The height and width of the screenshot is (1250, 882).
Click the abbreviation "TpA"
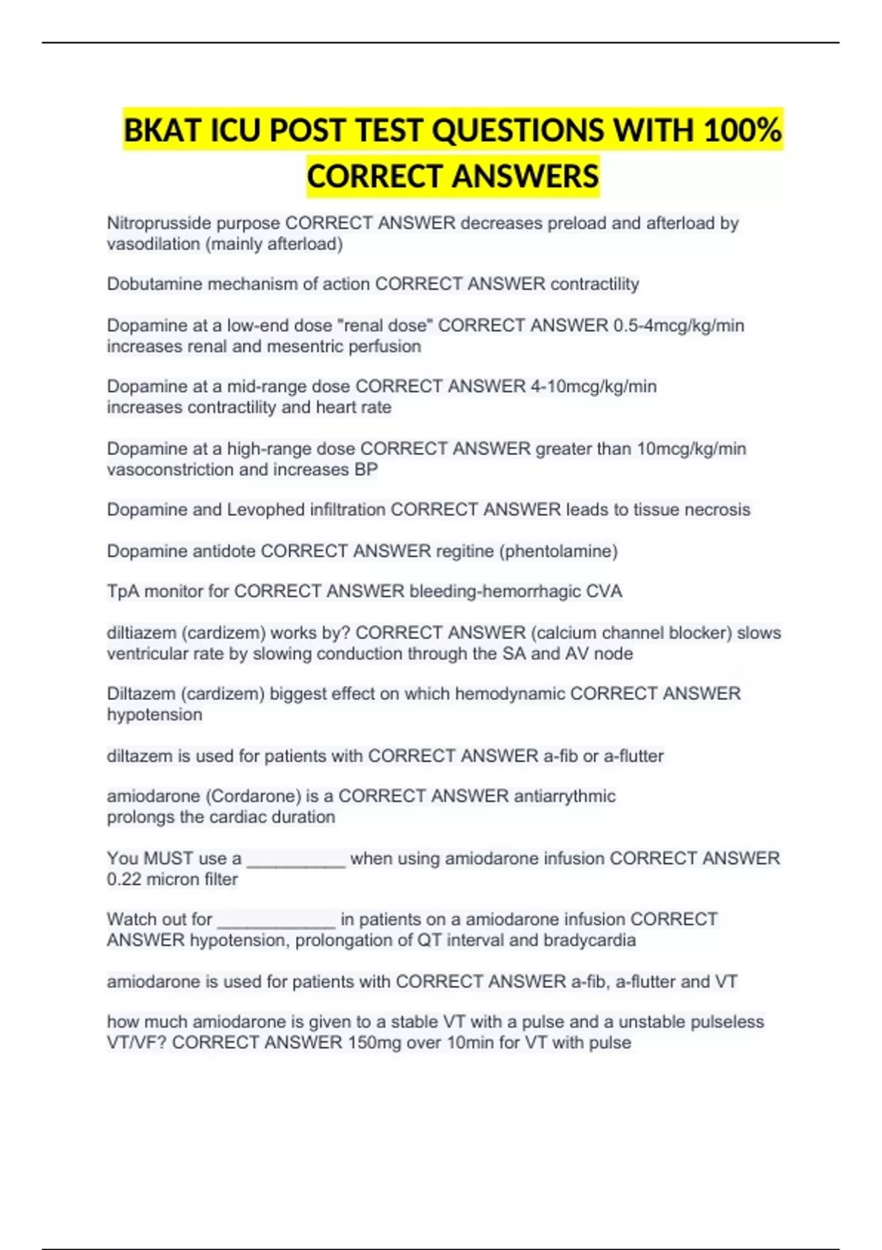pos(123,591)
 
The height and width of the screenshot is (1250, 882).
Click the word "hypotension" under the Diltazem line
pos(154,715)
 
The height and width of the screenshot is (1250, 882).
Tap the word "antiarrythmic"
pos(564,796)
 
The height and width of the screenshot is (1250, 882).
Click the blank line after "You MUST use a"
pos(295,860)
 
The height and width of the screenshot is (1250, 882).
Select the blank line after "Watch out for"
pos(276,921)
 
